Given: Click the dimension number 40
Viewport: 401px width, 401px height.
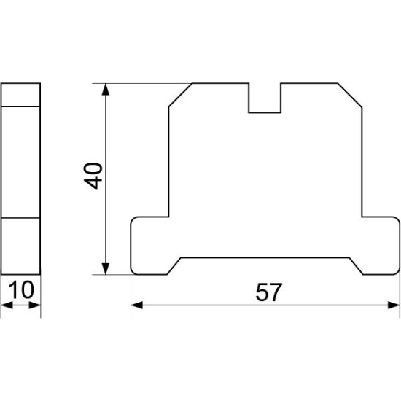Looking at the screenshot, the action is point(93,176).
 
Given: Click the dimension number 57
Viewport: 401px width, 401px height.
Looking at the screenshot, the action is point(269,292).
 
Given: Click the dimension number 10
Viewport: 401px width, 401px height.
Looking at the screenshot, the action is point(21,289).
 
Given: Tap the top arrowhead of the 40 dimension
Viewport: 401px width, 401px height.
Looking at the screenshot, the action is point(106,90).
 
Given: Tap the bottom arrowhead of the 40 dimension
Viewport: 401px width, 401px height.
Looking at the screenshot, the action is point(106,268).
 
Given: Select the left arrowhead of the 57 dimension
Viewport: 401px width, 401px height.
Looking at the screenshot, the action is point(137,305).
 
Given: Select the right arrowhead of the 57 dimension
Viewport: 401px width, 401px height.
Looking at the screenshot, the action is point(394,305).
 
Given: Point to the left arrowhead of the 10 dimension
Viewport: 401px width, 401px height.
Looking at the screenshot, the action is point(7,305).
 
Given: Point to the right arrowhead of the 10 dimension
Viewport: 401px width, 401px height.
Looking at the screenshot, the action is point(35,305).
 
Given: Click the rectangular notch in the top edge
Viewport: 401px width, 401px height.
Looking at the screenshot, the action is point(265,98).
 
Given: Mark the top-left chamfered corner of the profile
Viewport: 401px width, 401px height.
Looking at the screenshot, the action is point(180,95).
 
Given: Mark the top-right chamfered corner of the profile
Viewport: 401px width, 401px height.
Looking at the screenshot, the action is point(350,95).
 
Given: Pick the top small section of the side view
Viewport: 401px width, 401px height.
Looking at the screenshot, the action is point(20,95).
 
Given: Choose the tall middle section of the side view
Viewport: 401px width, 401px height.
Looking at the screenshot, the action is point(20,162).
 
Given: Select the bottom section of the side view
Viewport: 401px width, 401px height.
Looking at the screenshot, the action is point(20,246).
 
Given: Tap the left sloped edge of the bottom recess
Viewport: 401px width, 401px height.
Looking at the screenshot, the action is point(174,266).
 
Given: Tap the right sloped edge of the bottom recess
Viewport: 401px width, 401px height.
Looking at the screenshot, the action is point(357,266).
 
